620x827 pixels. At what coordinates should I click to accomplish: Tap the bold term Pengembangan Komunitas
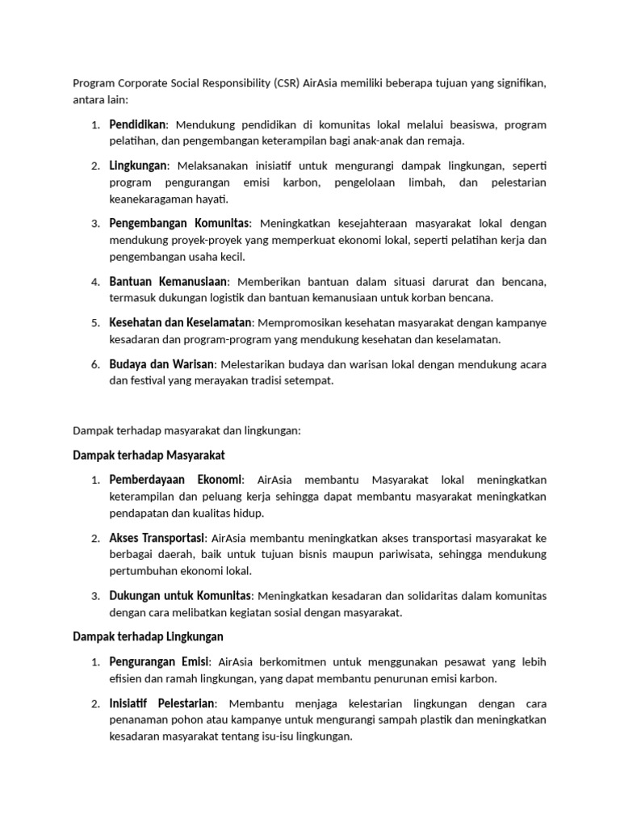coord(180,222)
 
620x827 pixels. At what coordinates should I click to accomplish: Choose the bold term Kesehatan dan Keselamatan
coord(181,322)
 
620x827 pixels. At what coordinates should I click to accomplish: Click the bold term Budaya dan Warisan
coord(161,364)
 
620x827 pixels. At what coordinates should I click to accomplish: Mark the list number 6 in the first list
coord(94,365)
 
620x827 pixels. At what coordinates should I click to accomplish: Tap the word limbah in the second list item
coord(417,183)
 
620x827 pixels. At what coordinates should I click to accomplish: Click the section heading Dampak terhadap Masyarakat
coord(149,455)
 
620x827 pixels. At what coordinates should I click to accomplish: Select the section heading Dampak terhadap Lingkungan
coord(148,637)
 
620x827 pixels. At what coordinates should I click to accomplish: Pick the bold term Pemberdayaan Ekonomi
coord(175,480)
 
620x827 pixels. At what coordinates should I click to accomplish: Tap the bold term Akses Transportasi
coord(157,538)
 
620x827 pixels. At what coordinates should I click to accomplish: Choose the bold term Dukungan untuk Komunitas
coord(181,596)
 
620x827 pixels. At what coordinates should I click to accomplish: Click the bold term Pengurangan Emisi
coord(160,662)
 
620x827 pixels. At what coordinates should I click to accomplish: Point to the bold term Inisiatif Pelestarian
coord(161,703)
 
